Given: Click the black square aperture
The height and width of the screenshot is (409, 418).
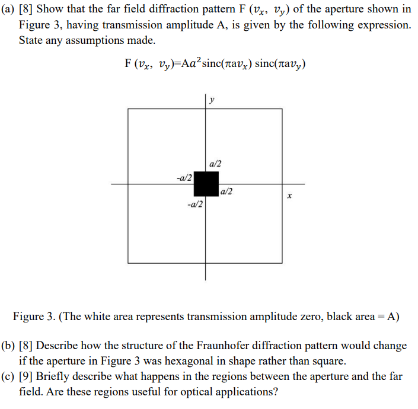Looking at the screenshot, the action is click(206, 184).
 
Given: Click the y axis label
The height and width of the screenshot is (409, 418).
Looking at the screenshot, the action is click(212, 101).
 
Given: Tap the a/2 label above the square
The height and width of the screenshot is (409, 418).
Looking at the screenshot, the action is click(216, 164).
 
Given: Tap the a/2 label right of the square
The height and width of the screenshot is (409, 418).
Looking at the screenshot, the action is click(226, 191).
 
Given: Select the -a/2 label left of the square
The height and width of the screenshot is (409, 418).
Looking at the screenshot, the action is click(184, 177).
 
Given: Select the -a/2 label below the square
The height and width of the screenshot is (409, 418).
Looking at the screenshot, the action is click(194, 204).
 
